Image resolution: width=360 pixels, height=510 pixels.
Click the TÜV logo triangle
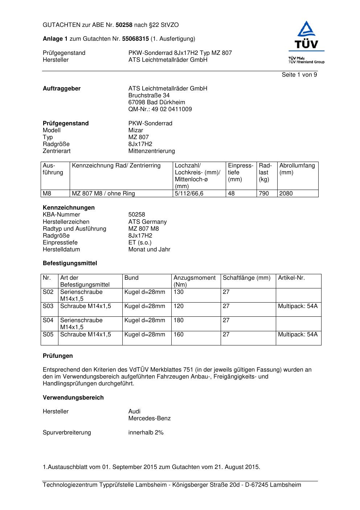click(x=307, y=29)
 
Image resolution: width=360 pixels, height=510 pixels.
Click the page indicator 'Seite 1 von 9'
click(x=299, y=75)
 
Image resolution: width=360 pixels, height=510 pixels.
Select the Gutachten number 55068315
click(x=135, y=39)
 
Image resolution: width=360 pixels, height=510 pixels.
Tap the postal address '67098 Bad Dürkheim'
click(x=156, y=102)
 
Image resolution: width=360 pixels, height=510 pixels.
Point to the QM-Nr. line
click(x=160, y=109)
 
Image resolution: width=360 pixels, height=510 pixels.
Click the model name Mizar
click(x=136, y=130)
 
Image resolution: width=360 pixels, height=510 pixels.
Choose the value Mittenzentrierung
click(x=151, y=151)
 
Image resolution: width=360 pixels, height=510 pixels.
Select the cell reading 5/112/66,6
click(x=189, y=194)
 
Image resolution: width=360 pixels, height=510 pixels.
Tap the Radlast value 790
click(x=264, y=194)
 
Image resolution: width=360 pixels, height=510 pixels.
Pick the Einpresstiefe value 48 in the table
click(x=231, y=194)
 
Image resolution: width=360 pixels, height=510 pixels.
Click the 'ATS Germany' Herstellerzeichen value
click(x=147, y=222)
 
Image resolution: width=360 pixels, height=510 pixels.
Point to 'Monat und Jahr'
click(x=149, y=250)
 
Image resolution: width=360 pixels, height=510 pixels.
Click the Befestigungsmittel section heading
click(x=70, y=263)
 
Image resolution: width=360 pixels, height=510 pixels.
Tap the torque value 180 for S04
click(x=179, y=320)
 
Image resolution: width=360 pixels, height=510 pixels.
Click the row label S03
click(x=48, y=306)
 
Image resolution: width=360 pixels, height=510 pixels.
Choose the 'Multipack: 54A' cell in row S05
click(x=298, y=335)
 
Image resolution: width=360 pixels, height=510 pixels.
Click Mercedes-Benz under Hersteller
click(x=149, y=418)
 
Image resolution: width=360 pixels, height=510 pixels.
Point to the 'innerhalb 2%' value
click(x=146, y=433)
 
